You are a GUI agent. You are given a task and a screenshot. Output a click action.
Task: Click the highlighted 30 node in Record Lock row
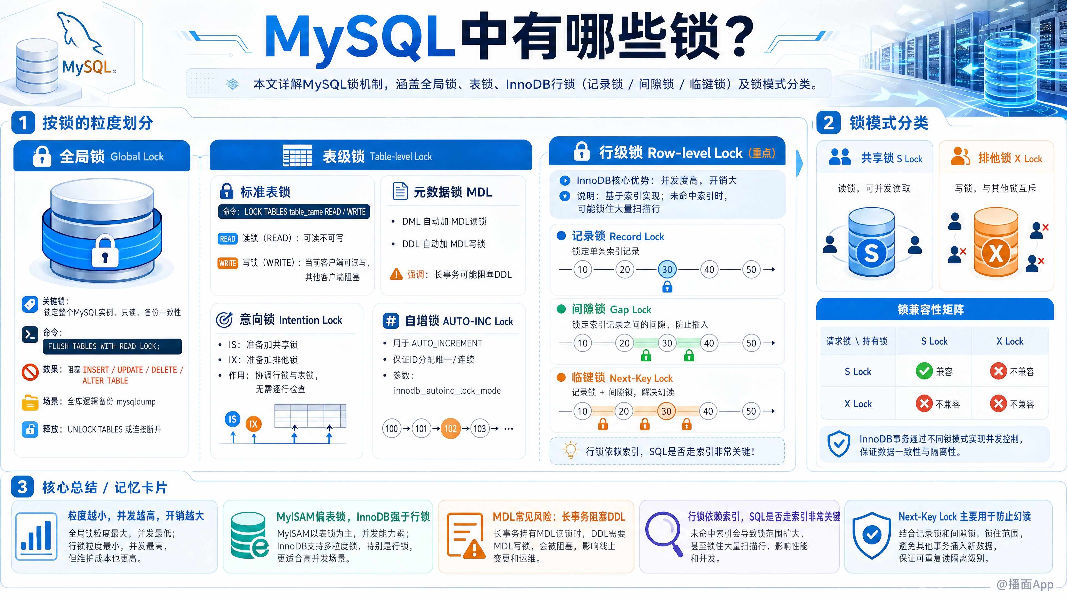(x=667, y=269)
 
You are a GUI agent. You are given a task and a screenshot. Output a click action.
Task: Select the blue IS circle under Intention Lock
(x=233, y=419)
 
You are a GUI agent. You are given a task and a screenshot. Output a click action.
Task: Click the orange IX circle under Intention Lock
(x=253, y=424)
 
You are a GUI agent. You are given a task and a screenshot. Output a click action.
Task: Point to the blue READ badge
(x=227, y=239)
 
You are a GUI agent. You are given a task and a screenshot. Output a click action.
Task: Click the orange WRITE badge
(x=227, y=263)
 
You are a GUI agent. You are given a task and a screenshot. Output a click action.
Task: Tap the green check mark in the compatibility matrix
(x=924, y=371)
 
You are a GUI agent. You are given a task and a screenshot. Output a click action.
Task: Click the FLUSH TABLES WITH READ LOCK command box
(x=112, y=346)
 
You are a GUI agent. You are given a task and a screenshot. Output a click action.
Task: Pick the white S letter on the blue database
(x=871, y=253)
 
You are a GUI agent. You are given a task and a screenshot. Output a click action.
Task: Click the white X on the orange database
(x=996, y=253)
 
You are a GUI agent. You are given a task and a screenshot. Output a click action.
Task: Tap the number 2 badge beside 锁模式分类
(x=828, y=122)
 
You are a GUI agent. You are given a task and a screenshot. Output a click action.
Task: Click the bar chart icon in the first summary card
(x=36, y=536)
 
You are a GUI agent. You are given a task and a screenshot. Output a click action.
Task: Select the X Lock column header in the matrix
(x=1010, y=341)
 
